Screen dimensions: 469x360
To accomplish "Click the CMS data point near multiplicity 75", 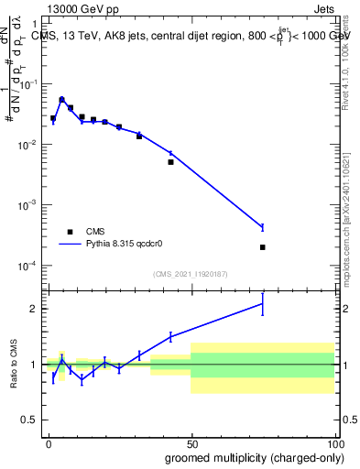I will click(262, 247).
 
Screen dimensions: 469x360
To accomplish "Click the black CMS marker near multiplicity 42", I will click(170, 162).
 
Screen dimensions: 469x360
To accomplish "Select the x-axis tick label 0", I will click(49, 442).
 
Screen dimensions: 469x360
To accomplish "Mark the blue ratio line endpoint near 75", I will click(262, 303).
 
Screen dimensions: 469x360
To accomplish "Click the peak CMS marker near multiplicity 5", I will click(61, 99).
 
